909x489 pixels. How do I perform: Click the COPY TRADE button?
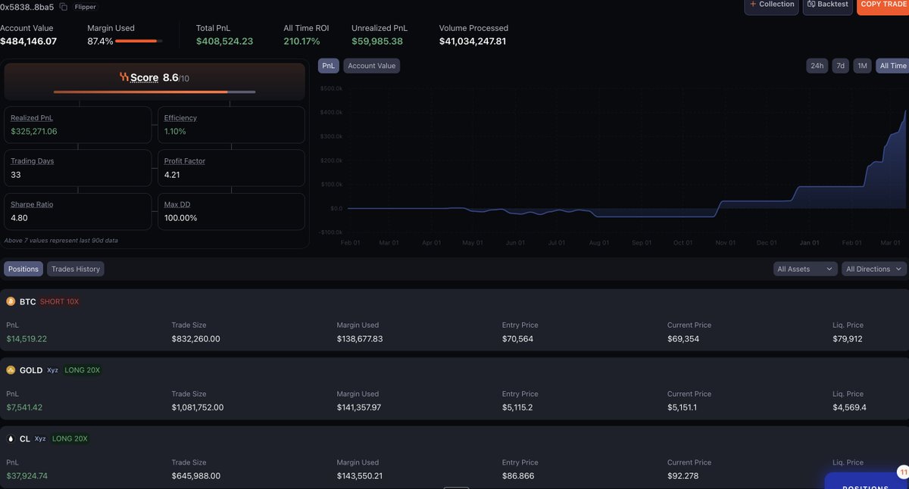883,5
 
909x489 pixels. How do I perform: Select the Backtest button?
828,5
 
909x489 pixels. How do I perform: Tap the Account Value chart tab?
371,66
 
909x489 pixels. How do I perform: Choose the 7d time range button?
840,66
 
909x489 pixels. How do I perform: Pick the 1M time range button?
862,66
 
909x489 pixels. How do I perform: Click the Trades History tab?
76,269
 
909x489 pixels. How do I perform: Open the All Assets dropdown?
804,269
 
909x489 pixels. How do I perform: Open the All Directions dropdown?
874,269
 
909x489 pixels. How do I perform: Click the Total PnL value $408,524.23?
224,41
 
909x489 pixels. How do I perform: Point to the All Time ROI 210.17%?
301,41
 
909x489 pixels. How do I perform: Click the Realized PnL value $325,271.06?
34,131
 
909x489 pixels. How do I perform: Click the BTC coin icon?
11,301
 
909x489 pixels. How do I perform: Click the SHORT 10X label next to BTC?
59,301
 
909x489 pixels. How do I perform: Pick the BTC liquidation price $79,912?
848,338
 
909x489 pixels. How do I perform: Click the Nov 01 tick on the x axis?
725,243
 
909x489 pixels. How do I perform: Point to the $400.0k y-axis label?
332,112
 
